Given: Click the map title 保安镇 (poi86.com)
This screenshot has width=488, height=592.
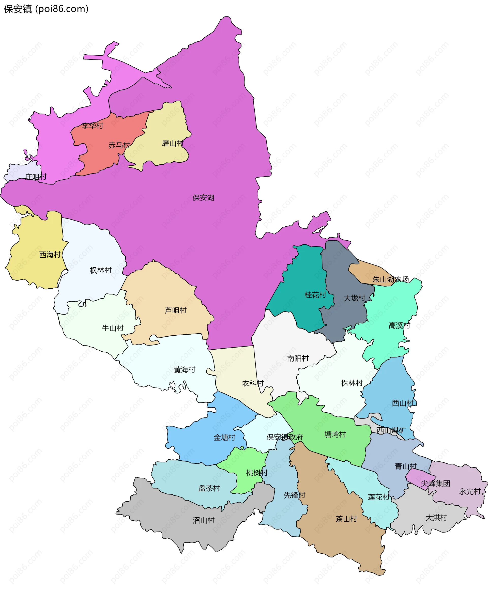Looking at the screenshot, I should [46, 9].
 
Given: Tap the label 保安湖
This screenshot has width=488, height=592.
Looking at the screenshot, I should [203, 198].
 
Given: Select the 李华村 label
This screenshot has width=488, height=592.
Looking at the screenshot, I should [92, 126].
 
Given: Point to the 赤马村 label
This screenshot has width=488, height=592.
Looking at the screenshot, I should [119, 145].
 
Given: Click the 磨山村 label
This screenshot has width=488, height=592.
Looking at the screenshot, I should [173, 144].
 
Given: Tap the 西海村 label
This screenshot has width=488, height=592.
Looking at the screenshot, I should [50, 255].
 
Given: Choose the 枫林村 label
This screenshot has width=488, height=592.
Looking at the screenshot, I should [101, 270].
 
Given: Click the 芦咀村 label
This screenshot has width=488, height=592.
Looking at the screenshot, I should [176, 310].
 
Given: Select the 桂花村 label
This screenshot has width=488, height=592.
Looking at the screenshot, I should [315, 295].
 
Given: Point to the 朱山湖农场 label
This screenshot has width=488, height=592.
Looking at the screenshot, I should [390, 279].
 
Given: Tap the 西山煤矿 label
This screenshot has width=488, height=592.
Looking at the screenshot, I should [391, 430].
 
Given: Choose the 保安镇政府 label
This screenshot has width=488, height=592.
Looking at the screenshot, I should [284, 437].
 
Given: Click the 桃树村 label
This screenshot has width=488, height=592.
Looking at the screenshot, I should [257, 473].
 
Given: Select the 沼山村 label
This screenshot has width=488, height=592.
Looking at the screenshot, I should [204, 520].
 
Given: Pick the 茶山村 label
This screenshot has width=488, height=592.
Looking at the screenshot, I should [346, 519].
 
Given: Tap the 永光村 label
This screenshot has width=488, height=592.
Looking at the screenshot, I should [470, 491].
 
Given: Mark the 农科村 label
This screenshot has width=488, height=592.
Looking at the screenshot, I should [253, 383].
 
